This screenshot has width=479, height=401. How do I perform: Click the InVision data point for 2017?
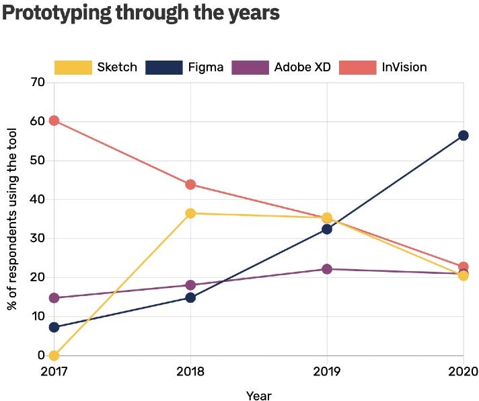click(x=54, y=120)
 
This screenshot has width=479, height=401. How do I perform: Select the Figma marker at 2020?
click(x=463, y=135)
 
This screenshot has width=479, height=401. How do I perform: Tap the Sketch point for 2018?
click(x=190, y=213)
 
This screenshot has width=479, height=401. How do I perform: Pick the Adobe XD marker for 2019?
click(x=327, y=269)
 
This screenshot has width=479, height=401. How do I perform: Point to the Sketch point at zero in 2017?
click(x=54, y=355)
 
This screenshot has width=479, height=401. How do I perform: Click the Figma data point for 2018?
click(x=190, y=297)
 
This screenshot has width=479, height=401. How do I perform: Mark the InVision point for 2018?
click(x=190, y=184)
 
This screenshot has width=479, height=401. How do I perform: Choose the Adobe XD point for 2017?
click(x=54, y=298)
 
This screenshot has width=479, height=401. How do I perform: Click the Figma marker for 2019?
click(x=327, y=229)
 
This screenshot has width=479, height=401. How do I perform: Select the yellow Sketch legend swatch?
click(x=73, y=67)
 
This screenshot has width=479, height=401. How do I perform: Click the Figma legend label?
click(x=205, y=67)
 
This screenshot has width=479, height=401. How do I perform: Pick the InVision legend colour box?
click(x=357, y=67)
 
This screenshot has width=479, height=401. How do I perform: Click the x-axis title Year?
click(x=258, y=396)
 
